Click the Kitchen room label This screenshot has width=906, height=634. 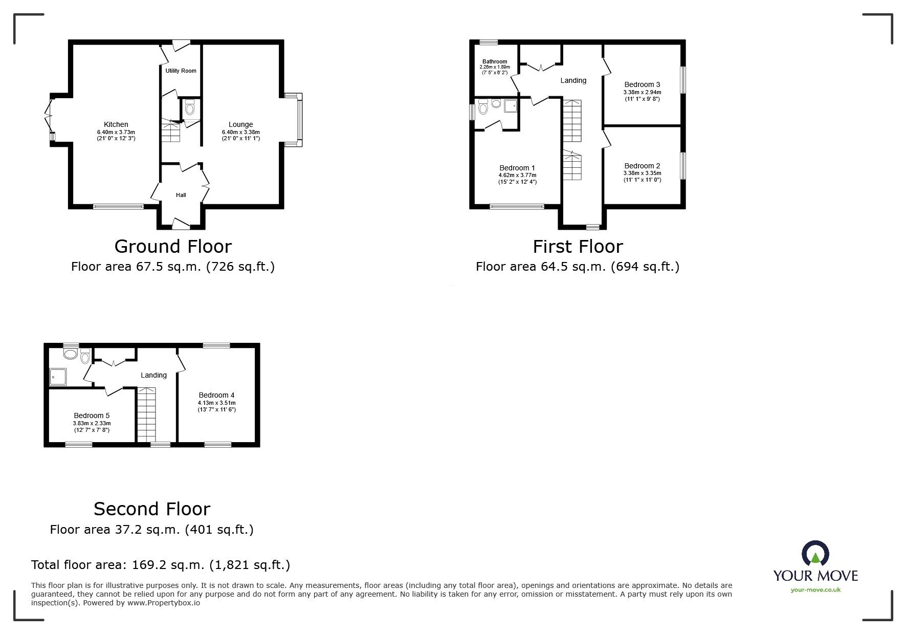click(116, 124)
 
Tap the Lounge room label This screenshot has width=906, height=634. click(241, 124)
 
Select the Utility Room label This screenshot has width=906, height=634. click(181, 71)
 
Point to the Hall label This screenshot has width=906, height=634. click(181, 195)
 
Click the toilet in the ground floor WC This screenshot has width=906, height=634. click(190, 107)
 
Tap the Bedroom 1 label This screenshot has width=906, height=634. click(517, 168)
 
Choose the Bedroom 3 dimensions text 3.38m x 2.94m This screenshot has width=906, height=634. click(642, 92)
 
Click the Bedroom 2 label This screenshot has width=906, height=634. click(642, 166)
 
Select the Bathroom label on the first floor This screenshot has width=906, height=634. click(495, 61)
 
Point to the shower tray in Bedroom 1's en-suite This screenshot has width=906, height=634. click(511, 106)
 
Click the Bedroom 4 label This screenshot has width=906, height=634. click(216, 395)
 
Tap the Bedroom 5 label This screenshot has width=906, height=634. click(92, 416)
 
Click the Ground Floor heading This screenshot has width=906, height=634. click(173, 247)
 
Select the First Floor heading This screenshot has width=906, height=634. click(578, 247)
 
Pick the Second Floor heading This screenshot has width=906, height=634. click(152, 509)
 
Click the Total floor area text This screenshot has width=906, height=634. click(161, 565)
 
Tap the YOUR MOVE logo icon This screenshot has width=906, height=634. click(815, 554)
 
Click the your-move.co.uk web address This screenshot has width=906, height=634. click(815, 590)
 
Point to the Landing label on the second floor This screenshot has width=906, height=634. click(153, 375)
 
